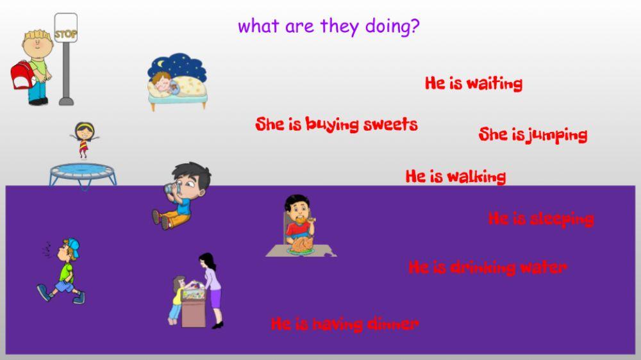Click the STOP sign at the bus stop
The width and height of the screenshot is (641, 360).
[x=65, y=32]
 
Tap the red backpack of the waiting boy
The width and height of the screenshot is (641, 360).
[x=22, y=76]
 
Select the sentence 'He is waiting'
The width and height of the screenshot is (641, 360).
[x=473, y=83]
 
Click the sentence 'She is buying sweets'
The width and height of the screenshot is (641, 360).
[x=336, y=124]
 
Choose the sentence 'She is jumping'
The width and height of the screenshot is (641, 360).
[x=533, y=135]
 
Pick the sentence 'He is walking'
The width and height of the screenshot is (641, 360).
[x=455, y=176]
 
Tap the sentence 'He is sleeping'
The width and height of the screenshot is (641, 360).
[x=540, y=219]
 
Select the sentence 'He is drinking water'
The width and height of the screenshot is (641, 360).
[x=487, y=267]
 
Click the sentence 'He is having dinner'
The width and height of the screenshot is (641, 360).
[x=344, y=324]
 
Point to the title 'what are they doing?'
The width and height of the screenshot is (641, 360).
[x=329, y=27]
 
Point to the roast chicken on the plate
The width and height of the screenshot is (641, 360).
[x=300, y=244]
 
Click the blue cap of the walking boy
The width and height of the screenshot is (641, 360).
[x=73, y=245]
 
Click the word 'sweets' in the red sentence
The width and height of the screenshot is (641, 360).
[x=390, y=124]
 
